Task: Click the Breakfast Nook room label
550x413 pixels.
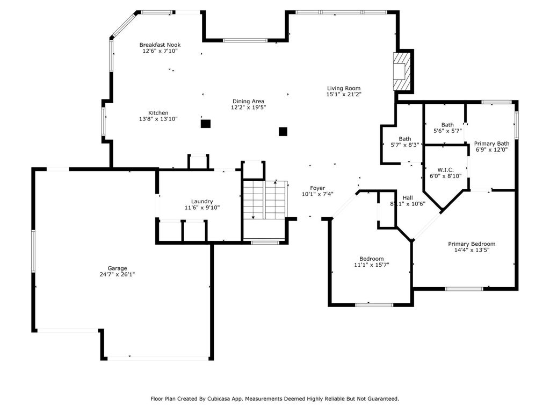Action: point(160,45)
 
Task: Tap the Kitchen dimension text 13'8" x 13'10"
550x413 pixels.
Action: point(158,119)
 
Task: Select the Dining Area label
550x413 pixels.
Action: point(248,102)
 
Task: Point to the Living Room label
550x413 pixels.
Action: point(344,89)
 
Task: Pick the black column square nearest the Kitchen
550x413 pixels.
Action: point(206,124)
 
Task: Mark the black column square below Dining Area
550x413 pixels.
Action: point(283,131)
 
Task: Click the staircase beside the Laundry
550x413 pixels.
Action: point(265,200)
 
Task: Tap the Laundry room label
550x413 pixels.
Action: point(202,202)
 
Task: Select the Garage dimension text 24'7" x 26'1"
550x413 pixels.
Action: point(117,274)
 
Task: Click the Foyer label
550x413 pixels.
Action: point(317,188)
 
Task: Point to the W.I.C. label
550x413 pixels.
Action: point(445,170)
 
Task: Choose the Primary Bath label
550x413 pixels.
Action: point(492,144)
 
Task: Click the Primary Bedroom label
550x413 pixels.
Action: point(472,244)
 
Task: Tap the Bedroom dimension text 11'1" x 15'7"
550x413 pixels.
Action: point(372,265)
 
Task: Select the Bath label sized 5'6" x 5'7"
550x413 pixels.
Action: point(447,125)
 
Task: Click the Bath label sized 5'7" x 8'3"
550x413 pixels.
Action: point(405,139)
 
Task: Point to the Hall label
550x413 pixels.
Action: point(408,198)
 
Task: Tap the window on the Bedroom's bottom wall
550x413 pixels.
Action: point(374,305)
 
